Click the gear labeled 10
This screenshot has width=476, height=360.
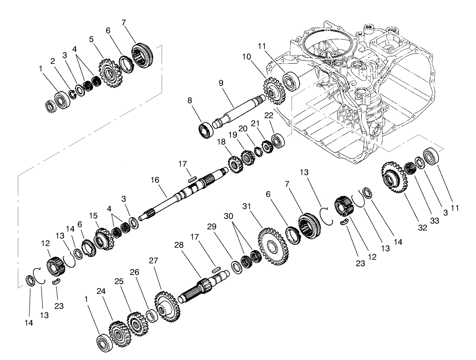(x=271, y=92)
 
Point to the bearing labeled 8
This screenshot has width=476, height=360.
(x=206, y=130)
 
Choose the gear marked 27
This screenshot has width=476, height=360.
(x=167, y=306)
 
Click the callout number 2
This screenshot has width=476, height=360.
(x=52, y=61)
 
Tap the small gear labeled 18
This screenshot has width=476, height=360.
(x=234, y=163)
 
